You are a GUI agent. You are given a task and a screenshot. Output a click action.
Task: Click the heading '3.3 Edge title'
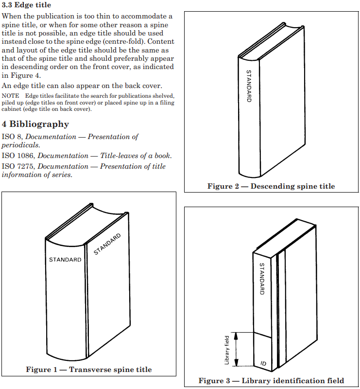pyautogui.click(x=26, y=5)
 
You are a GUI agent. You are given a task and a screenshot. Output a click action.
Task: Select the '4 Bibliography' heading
pyautogui.click(x=35, y=124)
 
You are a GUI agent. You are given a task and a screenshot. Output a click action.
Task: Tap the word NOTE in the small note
pyautogui.click(x=10, y=96)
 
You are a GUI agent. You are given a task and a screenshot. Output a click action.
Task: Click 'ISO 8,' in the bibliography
pyautogui.click(x=11, y=137)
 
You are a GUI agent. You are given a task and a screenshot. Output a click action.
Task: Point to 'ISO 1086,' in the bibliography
pyautogui.click(x=18, y=156)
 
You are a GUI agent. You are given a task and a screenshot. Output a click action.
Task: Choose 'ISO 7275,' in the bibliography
pyautogui.click(x=18, y=166)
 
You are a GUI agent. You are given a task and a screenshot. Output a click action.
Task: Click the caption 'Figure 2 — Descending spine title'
pyautogui.click(x=271, y=186)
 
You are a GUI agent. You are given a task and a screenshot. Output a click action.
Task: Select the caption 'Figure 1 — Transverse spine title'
pyautogui.click(x=89, y=370)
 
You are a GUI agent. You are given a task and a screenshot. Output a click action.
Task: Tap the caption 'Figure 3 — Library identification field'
pyautogui.click(x=271, y=380)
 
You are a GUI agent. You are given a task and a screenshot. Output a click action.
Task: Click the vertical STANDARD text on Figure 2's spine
pyautogui.click(x=249, y=86)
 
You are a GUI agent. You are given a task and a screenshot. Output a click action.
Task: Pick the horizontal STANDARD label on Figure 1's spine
pyautogui.click(x=65, y=260)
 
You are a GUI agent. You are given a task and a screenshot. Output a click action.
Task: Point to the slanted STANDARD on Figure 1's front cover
pyautogui.click(x=107, y=244)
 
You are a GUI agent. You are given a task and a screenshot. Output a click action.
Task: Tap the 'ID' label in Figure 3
pyautogui.click(x=263, y=363)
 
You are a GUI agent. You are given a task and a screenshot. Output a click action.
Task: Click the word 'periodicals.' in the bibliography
pyautogui.click(x=21, y=145)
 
